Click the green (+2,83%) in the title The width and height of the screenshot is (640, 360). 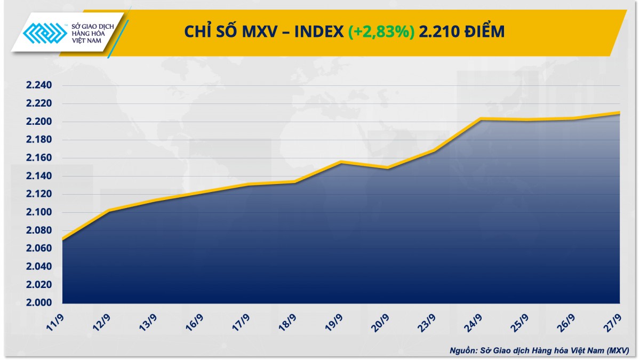point(381,32)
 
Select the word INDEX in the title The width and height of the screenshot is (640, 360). point(319,32)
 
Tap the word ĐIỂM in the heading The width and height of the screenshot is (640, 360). point(485,32)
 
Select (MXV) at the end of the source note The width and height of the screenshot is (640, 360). point(617,350)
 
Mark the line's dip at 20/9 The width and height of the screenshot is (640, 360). point(387,168)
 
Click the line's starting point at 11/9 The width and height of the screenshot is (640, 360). point(62,239)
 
